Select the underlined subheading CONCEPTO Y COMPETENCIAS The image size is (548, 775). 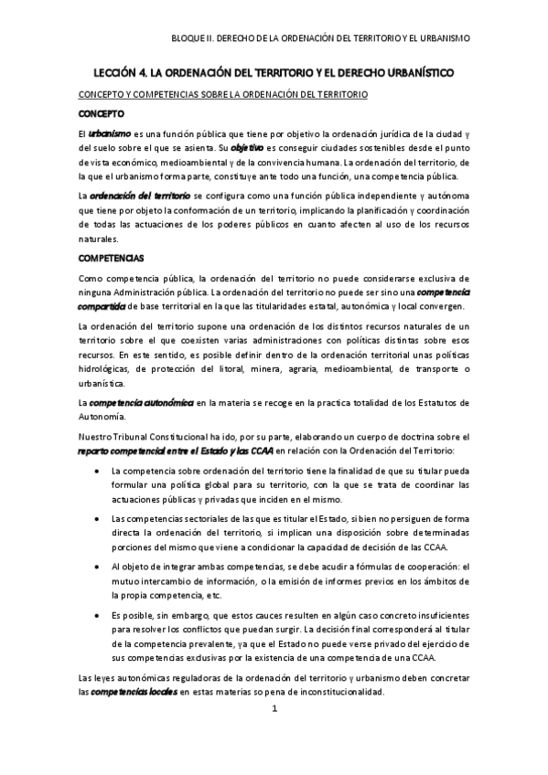[221, 94]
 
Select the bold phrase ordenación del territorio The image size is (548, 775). [141, 195]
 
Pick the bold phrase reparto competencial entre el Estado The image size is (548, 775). [175, 450]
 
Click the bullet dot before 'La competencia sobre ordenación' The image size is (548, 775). [98, 470]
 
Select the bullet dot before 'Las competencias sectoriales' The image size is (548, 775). [98, 518]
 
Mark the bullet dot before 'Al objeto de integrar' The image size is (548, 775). [98, 567]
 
